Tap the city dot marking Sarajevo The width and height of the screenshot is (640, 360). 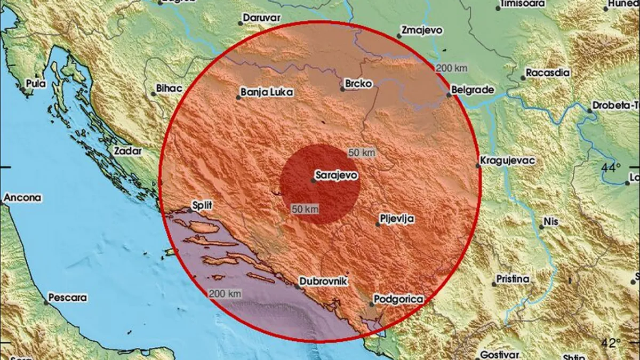pos(314,180)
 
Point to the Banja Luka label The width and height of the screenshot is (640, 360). pos(267,92)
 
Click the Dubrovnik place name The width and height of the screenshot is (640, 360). pos(323,280)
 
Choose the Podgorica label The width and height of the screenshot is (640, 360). pos(398,299)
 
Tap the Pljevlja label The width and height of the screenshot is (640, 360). pos(397,218)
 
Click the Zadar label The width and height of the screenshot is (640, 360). pos(128,151)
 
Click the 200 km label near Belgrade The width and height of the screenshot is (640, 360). pos(451,68)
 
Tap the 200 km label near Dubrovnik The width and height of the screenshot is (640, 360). pos(225,293)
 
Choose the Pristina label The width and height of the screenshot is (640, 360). pos(513,278)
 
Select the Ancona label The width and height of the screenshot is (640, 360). pos(22,198)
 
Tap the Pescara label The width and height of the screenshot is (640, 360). pos(67,298)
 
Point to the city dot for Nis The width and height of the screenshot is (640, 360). pos(541,227)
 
